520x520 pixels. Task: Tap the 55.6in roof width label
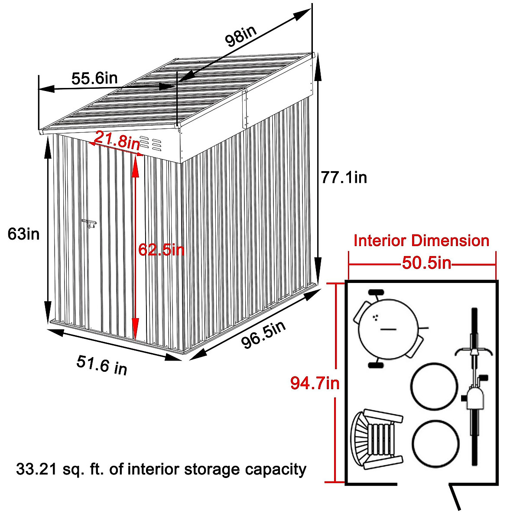94,78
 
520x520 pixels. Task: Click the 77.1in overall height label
344,177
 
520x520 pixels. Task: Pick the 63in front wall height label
24,234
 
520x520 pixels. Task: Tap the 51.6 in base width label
102,364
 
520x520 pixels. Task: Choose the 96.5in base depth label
263,335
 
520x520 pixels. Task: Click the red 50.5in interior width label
426,263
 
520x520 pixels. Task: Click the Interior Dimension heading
421,240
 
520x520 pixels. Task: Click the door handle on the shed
90,224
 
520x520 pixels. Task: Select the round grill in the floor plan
388,329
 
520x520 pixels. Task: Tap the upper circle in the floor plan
434,386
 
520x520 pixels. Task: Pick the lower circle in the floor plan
435,443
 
